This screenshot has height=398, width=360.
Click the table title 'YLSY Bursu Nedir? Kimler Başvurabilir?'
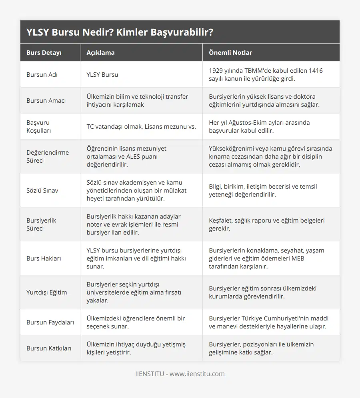pos(120,32)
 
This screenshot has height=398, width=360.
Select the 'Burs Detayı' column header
pos(44,52)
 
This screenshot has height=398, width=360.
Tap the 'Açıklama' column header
pos(100,52)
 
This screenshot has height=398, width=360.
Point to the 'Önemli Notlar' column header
pos(230,52)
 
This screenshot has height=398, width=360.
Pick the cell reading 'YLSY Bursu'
pos(102,74)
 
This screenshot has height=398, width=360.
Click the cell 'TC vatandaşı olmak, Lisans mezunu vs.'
pos(141,126)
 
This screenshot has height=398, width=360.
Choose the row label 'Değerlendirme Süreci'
pos(47,156)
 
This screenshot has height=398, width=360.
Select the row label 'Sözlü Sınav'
pos(42,190)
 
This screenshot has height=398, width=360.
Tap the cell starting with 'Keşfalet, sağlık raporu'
pos(266,224)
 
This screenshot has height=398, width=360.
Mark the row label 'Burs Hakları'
pos(44,258)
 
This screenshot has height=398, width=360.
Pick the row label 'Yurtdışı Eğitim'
pos(46,292)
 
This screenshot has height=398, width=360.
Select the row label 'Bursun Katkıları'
pos(49,348)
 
